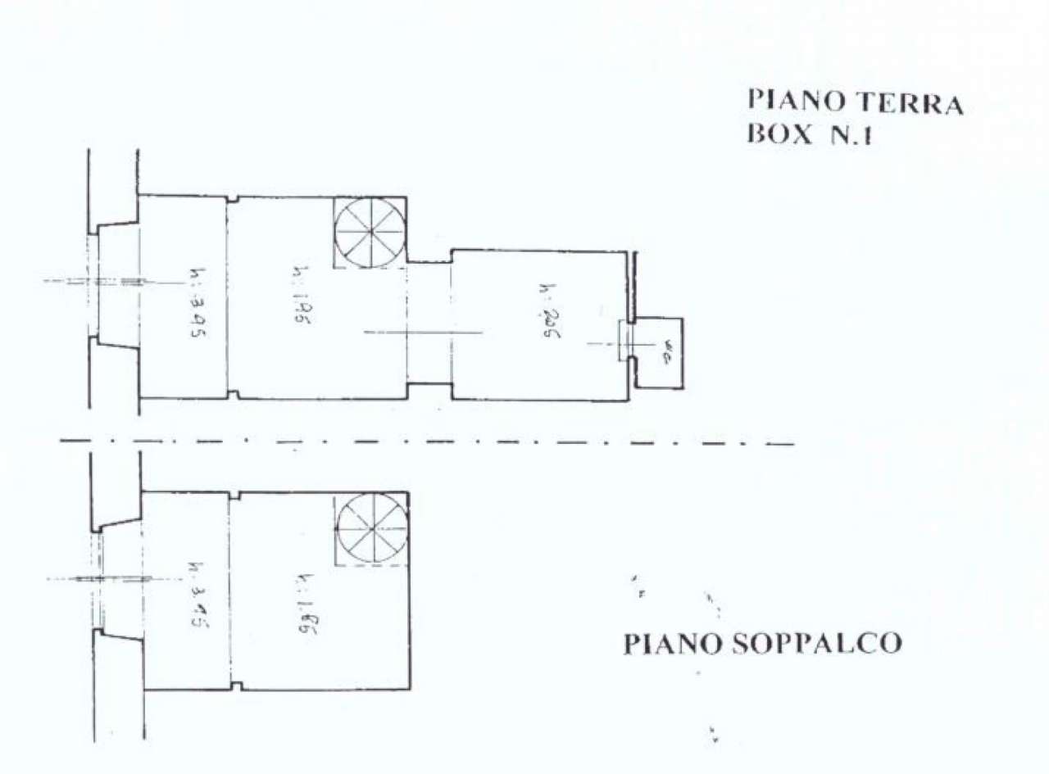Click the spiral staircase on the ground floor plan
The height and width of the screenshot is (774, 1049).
(x=370, y=232)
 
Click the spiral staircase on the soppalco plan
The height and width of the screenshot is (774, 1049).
(x=373, y=529)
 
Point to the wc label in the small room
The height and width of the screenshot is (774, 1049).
(x=667, y=354)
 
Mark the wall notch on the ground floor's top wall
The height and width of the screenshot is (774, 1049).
(x=233, y=198)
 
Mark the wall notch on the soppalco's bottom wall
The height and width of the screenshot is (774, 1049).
(x=236, y=686)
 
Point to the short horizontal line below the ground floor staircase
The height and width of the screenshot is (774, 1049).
(x=422, y=333)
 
